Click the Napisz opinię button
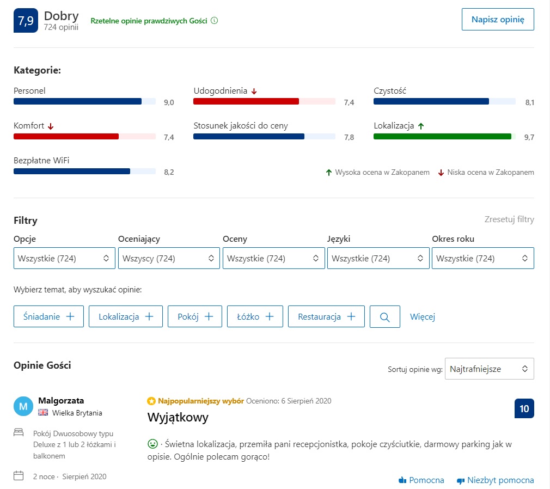point(498,19)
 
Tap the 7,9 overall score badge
point(26,20)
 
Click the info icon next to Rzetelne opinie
point(214,21)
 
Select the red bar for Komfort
point(66,136)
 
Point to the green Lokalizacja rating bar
point(442,136)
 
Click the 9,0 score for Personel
point(169,102)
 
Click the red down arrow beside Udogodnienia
point(254,91)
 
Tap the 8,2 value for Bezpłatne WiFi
point(169,172)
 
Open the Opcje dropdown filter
point(64,258)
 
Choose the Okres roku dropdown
point(482,258)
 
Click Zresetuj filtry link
point(509,219)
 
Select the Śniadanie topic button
point(48,316)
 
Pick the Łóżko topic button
point(255,316)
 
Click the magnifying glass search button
point(385,316)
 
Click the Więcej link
point(423,316)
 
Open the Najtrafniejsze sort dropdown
point(489,369)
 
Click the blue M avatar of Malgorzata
point(23,406)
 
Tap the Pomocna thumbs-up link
point(421,480)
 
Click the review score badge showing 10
point(524,408)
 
